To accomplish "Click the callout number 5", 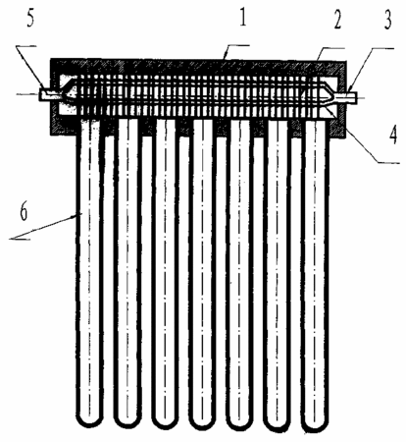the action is pos(30,20).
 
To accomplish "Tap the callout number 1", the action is pos(242,18).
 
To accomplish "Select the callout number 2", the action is pos(337,21).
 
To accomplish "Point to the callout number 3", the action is pos(387,21).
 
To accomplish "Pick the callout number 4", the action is pos(393,135).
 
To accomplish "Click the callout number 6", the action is pos(23,212).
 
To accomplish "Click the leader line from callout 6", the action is pos(46,227).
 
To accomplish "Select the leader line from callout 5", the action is pos(30,67).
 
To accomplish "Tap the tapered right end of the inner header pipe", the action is pos(327,96).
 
